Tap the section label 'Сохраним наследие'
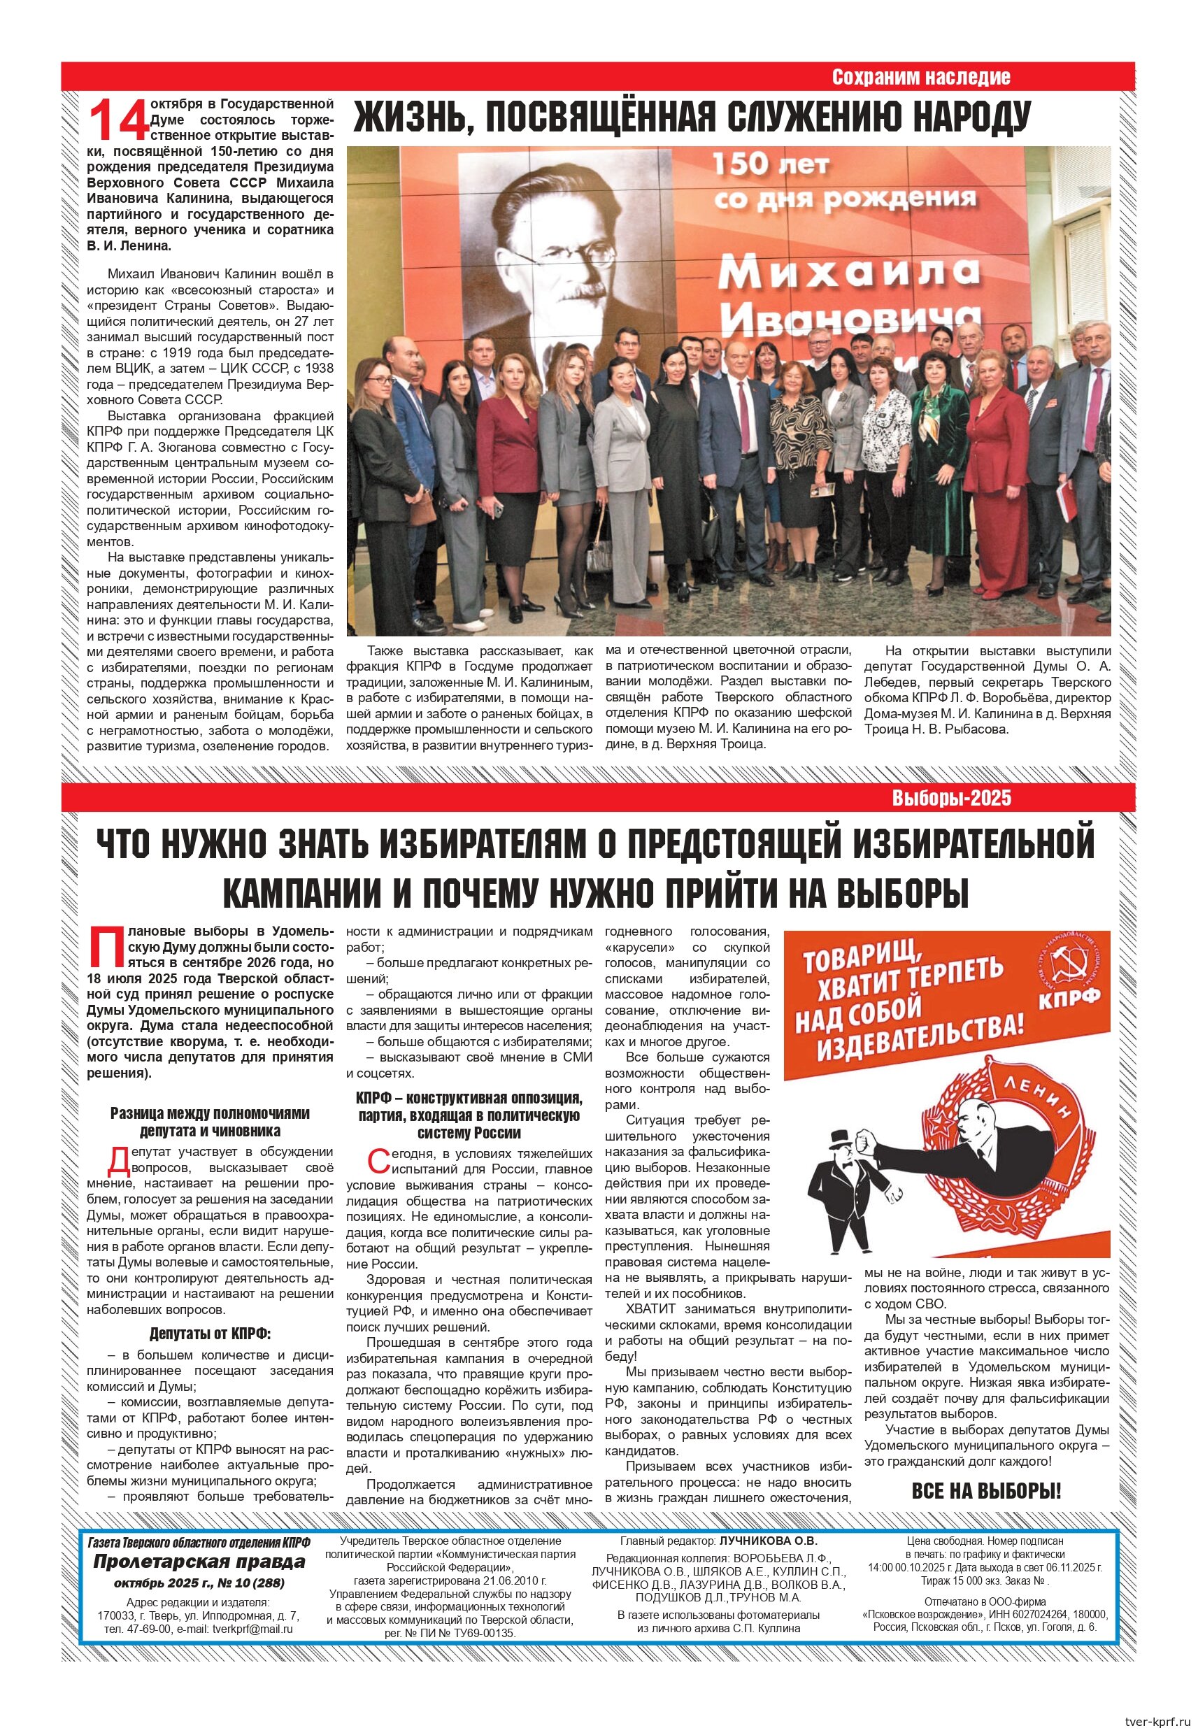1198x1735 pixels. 920,78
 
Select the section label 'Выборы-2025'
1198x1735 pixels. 951,798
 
